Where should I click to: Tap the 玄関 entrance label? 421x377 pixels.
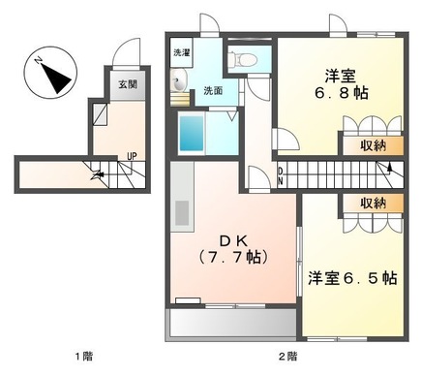(x=127, y=84)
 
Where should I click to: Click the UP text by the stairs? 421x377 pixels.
(x=132, y=157)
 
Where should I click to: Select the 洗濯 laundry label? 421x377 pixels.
(x=181, y=52)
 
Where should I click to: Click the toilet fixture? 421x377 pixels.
(x=243, y=60)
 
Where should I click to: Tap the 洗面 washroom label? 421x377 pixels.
(x=212, y=91)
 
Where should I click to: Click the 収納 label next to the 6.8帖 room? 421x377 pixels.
(x=374, y=146)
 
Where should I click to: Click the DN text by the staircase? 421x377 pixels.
(x=280, y=174)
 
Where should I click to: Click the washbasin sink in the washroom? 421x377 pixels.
(x=180, y=87)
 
